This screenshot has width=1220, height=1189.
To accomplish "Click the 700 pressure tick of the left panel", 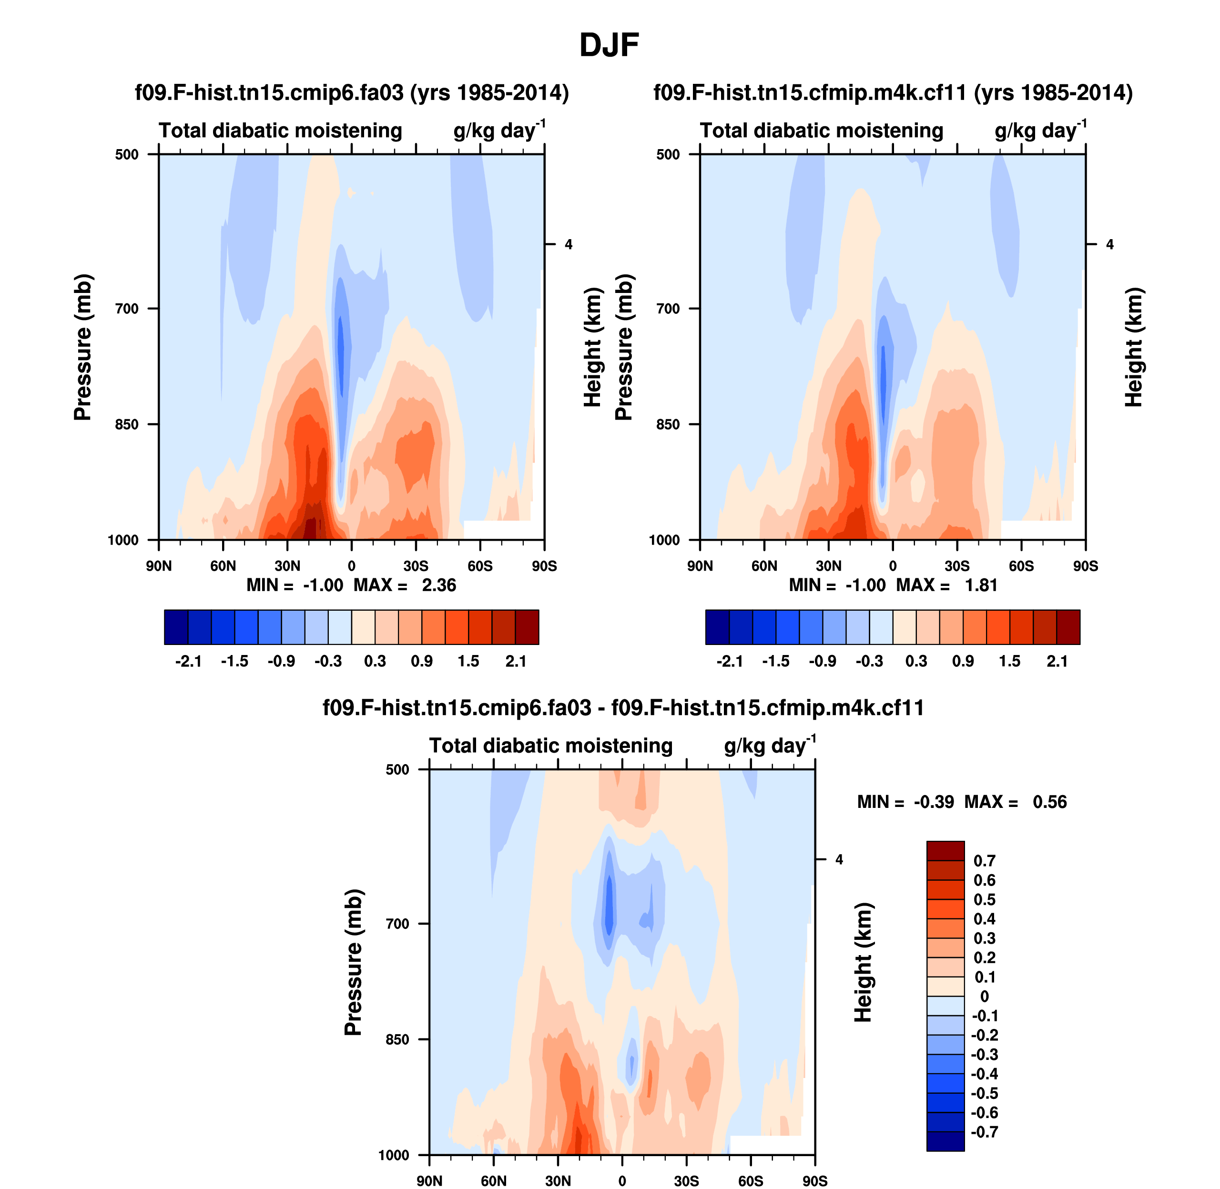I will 127,309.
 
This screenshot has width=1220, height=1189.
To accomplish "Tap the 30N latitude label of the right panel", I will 828,566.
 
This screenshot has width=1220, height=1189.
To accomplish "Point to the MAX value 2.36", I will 438,585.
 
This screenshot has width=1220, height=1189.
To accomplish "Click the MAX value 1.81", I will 981,585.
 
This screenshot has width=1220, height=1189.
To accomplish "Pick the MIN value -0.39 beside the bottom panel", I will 934,802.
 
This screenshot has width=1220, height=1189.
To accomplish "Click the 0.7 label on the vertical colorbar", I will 984,860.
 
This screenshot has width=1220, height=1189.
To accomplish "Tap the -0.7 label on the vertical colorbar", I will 984,1131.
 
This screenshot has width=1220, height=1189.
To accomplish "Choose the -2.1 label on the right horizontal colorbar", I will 729,661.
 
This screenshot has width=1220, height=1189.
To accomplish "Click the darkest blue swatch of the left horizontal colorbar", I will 176,627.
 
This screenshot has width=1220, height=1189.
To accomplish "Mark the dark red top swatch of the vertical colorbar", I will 945,850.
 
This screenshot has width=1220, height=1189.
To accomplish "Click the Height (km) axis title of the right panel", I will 1133,347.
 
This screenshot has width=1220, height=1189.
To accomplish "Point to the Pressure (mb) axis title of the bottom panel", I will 353,962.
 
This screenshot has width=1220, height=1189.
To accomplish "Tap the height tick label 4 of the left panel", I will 569,244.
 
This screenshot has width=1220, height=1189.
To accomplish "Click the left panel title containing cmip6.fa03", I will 352,92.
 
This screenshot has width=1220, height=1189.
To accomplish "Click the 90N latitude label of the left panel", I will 159,566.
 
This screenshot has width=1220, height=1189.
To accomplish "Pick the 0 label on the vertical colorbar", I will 985,996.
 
